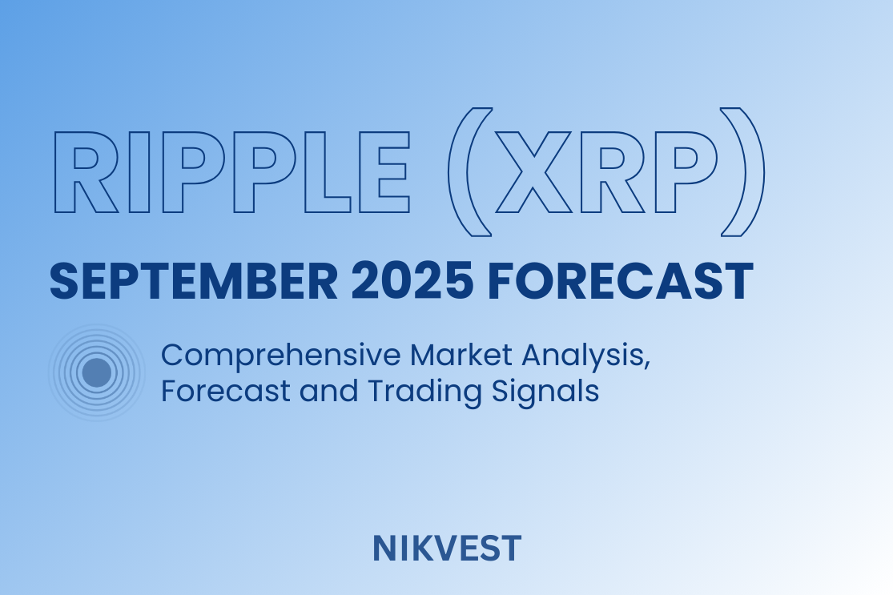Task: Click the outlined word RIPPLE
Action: (x=232, y=172)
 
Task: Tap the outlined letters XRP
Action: (x=607, y=172)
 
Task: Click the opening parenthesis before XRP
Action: (x=470, y=172)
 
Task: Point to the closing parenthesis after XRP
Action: (x=743, y=172)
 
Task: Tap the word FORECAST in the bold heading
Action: (x=621, y=281)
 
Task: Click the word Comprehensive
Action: (x=281, y=356)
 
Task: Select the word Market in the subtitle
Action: (x=461, y=355)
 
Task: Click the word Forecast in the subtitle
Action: (x=226, y=391)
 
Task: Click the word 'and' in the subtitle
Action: (x=328, y=391)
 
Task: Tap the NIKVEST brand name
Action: (x=447, y=549)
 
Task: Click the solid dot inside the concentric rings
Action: (x=97, y=372)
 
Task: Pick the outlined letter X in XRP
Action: (x=533, y=172)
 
